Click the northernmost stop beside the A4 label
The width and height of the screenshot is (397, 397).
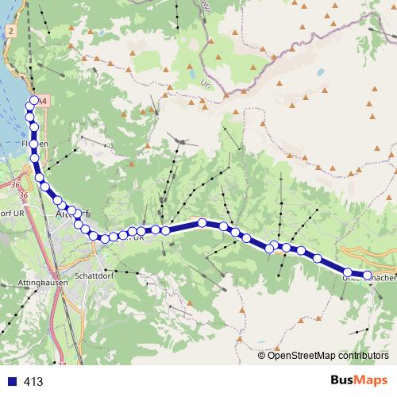(33, 101)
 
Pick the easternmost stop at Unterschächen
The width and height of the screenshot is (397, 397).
(367, 276)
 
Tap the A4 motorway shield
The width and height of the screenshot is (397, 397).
(43, 102)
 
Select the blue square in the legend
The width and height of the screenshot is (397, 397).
(11, 382)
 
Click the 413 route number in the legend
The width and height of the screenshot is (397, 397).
(33, 382)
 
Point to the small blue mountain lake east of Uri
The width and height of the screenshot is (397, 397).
(318, 71)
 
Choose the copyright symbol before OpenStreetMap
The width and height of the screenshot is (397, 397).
(262, 356)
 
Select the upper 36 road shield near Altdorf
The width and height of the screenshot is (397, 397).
(16, 185)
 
